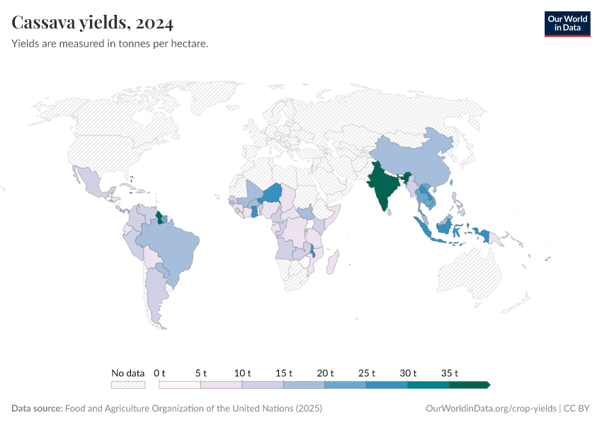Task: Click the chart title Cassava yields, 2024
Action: pos(93,23)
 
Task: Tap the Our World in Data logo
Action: pos(567,23)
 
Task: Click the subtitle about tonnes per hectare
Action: pos(110,44)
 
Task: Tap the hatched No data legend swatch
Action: pos(128,385)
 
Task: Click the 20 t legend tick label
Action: pos(325,373)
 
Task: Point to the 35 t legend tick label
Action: pos(450,373)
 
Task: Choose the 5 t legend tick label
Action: pos(201,373)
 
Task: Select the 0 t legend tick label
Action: pos(159,373)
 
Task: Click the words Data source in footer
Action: pos(37,409)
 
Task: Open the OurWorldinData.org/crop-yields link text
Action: pos(491,409)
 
